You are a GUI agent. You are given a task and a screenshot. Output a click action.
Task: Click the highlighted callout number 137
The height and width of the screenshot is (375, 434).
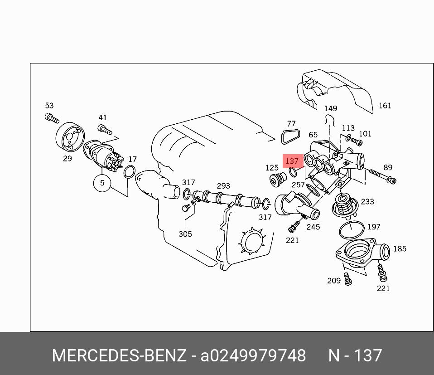tap(292, 161)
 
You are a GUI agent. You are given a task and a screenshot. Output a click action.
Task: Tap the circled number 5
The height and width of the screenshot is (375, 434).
tap(102, 183)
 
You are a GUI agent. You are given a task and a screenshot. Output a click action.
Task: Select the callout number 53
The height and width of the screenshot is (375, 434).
tap(49, 106)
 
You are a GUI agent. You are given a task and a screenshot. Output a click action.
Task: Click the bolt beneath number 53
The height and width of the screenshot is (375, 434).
tap(52, 119)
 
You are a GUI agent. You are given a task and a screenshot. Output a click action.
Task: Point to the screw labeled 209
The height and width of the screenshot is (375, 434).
tap(348, 278)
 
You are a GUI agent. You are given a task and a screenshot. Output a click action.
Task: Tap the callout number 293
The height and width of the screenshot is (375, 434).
tap(223, 186)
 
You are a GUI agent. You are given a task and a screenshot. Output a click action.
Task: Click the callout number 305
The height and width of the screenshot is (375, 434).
tap(185, 234)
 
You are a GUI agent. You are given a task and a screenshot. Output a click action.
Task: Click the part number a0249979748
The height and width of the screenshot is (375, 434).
tap(253, 356)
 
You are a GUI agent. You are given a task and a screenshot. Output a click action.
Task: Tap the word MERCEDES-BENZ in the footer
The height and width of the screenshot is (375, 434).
tap(119, 356)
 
